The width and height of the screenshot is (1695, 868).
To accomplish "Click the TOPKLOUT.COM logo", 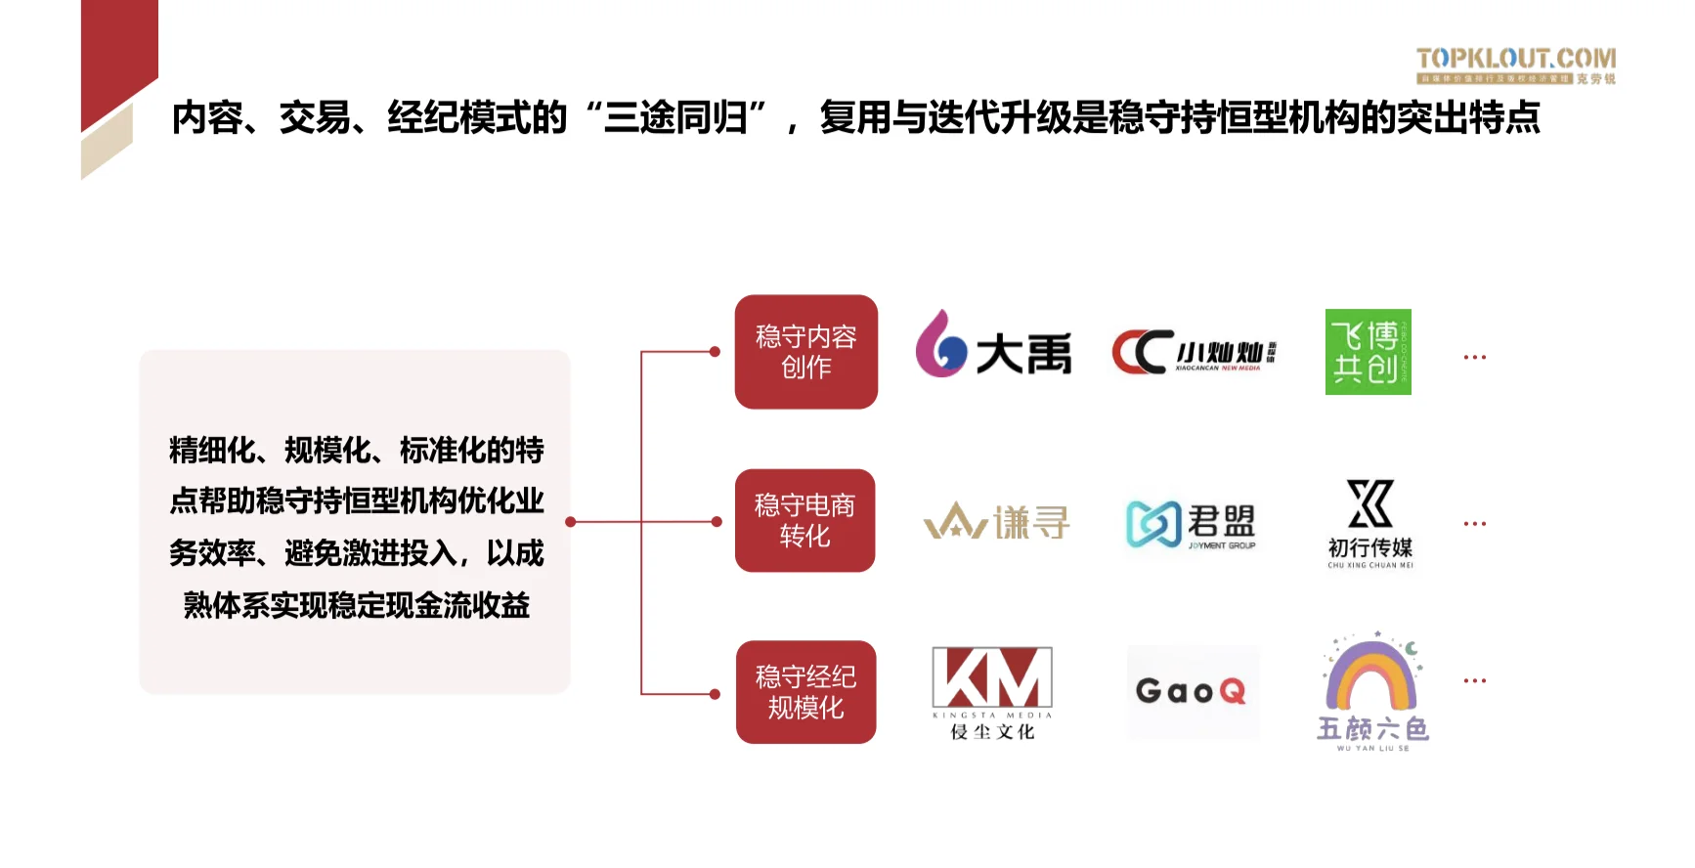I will pyautogui.click(x=1515, y=65).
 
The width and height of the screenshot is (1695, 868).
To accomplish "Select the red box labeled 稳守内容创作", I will pyautogui.click(x=805, y=352).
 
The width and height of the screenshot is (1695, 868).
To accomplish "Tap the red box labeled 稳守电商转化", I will pyautogui.click(x=804, y=521).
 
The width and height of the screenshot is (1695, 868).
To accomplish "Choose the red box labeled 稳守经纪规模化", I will pyautogui.click(x=805, y=692).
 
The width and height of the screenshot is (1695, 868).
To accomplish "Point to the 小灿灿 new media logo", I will pyautogui.click(x=1194, y=353).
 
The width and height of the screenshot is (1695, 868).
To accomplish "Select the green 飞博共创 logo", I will pyautogui.click(x=1368, y=352).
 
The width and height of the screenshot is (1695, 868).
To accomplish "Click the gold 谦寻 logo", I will pyautogui.click(x=996, y=521).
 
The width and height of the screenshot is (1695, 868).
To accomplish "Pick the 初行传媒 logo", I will pyautogui.click(x=1369, y=523).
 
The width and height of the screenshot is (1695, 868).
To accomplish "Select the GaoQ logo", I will pyautogui.click(x=1192, y=691).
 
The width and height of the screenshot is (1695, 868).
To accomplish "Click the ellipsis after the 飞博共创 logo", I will pyautogui.click(x=1474, y=358).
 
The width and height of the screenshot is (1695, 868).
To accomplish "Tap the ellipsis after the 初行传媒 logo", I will pyautogui.click(x=1474, y=524).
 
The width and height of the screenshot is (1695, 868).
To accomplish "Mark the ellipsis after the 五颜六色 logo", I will pyautogui.click(x=1474, y=680).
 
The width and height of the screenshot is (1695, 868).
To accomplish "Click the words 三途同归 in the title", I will pyautogui.click(x=675, y=118).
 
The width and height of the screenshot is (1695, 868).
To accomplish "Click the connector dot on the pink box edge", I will pyautogui.click(x=571, y=522).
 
